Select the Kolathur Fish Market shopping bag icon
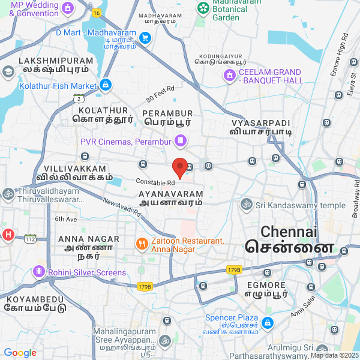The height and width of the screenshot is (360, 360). point(106,86)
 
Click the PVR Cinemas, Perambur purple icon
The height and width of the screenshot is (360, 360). point(180,141)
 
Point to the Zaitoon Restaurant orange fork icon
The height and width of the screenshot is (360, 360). point(142,244)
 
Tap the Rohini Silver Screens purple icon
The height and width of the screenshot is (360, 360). point(40,272)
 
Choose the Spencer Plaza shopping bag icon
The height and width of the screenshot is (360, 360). point(268,323)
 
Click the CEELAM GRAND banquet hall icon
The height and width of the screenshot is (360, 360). point(229,76)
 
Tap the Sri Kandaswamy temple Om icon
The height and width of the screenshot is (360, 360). point(246,205)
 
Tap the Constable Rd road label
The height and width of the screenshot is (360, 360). point(155,182)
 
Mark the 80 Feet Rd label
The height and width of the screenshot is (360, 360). point(160,94)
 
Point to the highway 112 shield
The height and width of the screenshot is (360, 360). point(31,239)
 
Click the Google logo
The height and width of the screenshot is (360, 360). point(20,353)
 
